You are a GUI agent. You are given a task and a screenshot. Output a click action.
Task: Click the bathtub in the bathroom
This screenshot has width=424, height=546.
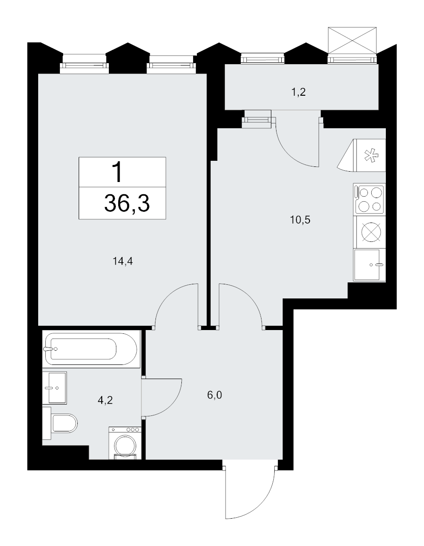pyautogui.click(x=91, y=349)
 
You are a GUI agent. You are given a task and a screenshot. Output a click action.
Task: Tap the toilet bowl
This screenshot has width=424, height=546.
pyautogui.click(x=60, y=423)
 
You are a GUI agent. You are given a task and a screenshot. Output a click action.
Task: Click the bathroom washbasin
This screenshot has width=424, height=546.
pyautogui.click(x=55, y=388)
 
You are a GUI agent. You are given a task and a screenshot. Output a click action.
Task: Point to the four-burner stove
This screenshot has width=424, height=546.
pyautogui.click(x=369, y=199)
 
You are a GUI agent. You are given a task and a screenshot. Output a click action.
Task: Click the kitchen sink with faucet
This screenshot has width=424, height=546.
pyautogui.click(x=369, y=265)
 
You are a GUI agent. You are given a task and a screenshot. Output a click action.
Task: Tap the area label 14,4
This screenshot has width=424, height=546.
pyautogui.click(x=123, y=261)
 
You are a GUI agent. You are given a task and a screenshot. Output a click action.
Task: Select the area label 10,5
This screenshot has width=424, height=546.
pyautogui.click(x=300, y=220)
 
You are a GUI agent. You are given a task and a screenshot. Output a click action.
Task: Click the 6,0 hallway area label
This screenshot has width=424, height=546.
pyautogui.click(x=215, y=395)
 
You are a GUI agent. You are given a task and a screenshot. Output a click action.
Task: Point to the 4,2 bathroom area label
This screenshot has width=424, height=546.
pyautogui.click(x=105, y=400)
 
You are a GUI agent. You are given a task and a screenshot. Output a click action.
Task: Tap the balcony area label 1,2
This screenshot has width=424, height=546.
pyautogui.click(x=298, y=92)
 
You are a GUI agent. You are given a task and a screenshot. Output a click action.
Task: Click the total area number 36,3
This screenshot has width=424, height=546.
pyautogui.click(x=127, y=204)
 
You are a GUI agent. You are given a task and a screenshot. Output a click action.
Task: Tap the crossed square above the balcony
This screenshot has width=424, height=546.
pyautogui.click(x=352, y=40)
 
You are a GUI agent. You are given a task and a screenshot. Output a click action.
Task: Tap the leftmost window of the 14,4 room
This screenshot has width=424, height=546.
pyautogui.click(x=84, y=64)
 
